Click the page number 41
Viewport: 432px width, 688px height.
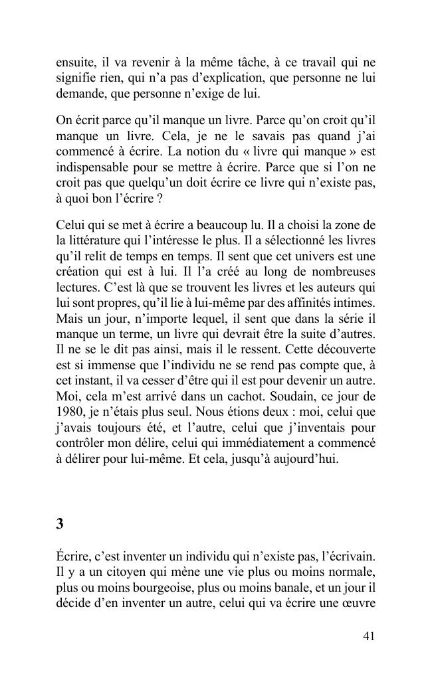point(369,636)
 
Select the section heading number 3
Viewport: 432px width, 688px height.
point(60,524)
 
